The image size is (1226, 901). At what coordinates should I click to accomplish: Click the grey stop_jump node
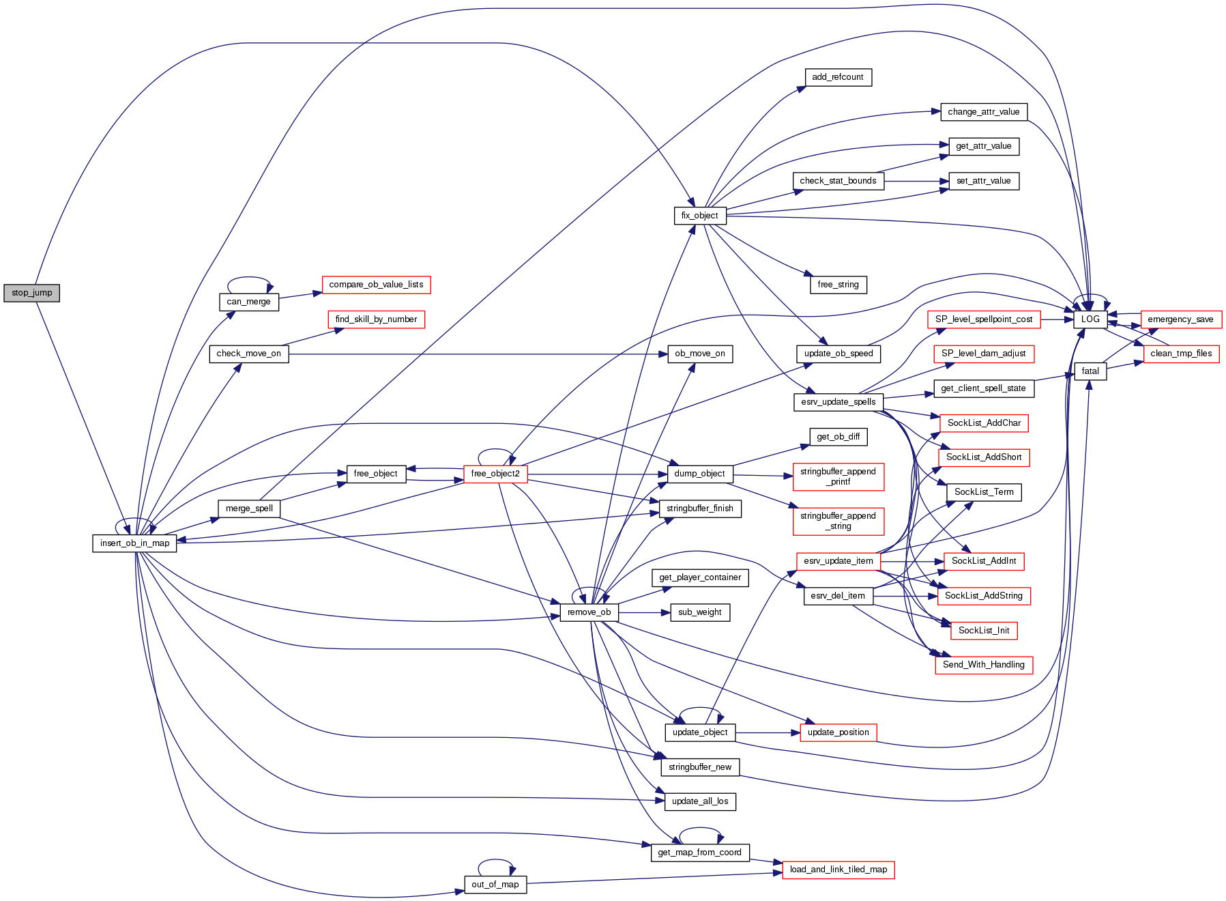click(x=32, y=293)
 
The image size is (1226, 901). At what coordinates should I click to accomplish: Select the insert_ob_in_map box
click(x=134, y=543)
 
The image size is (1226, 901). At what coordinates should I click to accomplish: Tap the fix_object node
click(x=699, y=216)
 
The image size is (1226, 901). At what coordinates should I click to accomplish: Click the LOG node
click(x=1090, y=319)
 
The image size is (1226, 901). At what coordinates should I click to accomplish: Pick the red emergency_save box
click(x=1180, y=319)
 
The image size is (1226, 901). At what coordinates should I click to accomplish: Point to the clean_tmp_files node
click(x=1181, y=354)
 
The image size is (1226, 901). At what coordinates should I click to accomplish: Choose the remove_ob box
click(x=589, y=612)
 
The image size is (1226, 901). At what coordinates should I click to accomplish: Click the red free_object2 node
click(x=495, y=474)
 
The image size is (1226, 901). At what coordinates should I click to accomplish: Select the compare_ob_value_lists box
click(x=376, y=285)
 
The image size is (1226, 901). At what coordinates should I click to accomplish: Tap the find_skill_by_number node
click(x=376, y=319)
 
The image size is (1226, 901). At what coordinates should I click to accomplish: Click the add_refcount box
click(x=838, y=77)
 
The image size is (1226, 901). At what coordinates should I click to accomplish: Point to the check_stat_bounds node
click(x=838, y=181)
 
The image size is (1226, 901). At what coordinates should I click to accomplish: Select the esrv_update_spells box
click(x=838, y=402)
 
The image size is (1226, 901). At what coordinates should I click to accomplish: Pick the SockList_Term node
click(x=984, y=492)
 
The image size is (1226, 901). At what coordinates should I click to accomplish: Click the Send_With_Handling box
click(x=984, y=665)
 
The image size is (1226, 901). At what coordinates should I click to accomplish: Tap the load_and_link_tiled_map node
click(x=838, y=870)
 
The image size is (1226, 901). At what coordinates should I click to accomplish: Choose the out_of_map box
click(x=495, y=885)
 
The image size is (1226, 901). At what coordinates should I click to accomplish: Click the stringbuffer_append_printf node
click(x=838, y=476)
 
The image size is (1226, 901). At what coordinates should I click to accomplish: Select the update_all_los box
click(x=700, y=801)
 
